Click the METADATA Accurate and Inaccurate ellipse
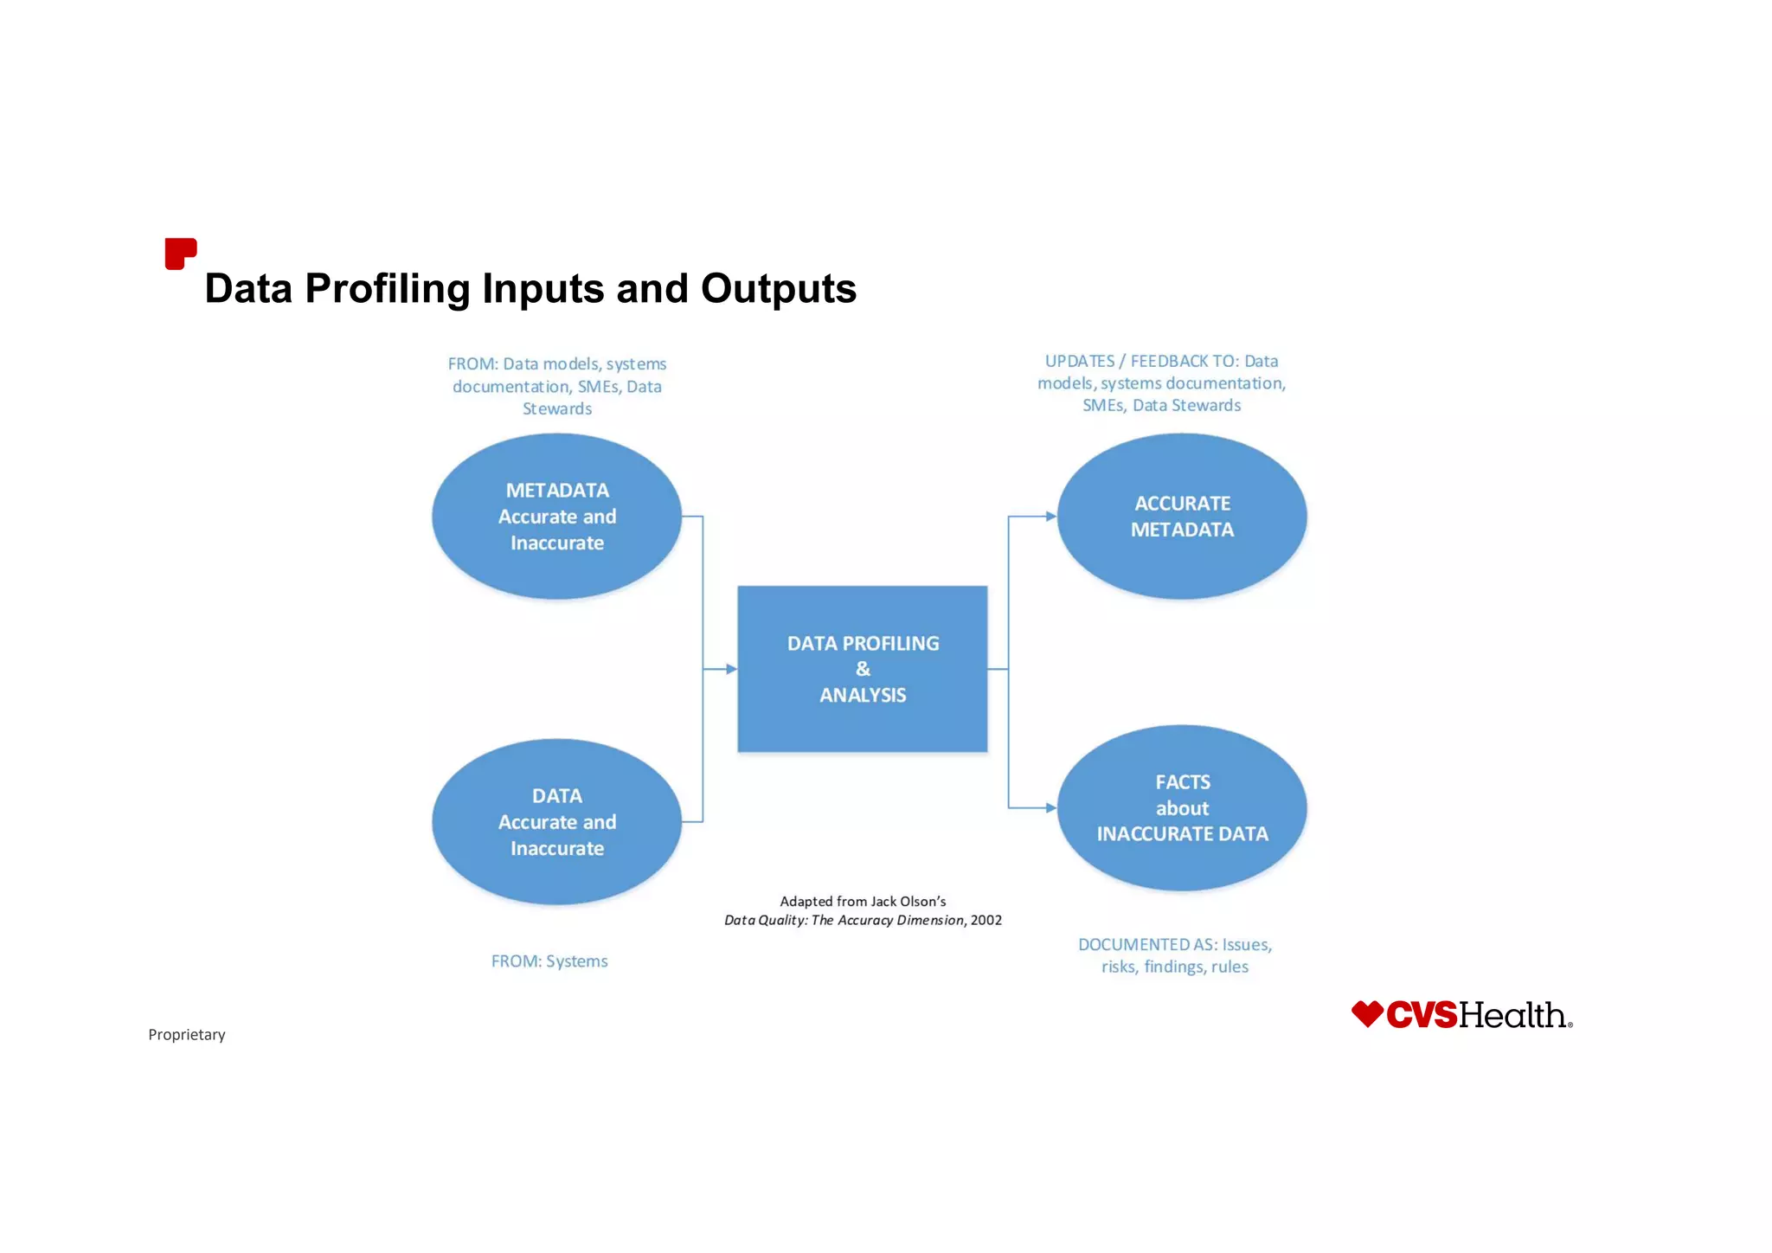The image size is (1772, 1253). [x=556, y=517]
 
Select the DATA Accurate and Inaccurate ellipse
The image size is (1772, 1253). [x=556, y=822]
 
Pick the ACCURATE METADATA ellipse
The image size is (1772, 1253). [x=1182, y=517]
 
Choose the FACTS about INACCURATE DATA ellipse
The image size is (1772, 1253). [x=1182, y=808]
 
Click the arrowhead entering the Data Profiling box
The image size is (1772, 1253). [x=731, y=669]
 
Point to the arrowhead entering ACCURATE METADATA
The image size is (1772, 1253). [x=1051, y=517]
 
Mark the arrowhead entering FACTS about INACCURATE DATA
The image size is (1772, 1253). [x=1051, y=808]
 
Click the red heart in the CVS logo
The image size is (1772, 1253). [x=1367, y=1014]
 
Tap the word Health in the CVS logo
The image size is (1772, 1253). [x=1514, y=1015]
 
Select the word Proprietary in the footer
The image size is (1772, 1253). [x=187, y=1035]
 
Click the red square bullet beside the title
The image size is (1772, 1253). [x=180, y=254]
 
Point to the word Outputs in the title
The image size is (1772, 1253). [x=779, y=289]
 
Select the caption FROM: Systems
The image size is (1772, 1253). [x=549, y=961]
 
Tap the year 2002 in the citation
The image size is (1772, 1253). [x=986, y=921]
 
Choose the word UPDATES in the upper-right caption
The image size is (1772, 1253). [x=1080, y=362]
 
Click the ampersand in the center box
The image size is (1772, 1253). [x=863, y=669]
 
